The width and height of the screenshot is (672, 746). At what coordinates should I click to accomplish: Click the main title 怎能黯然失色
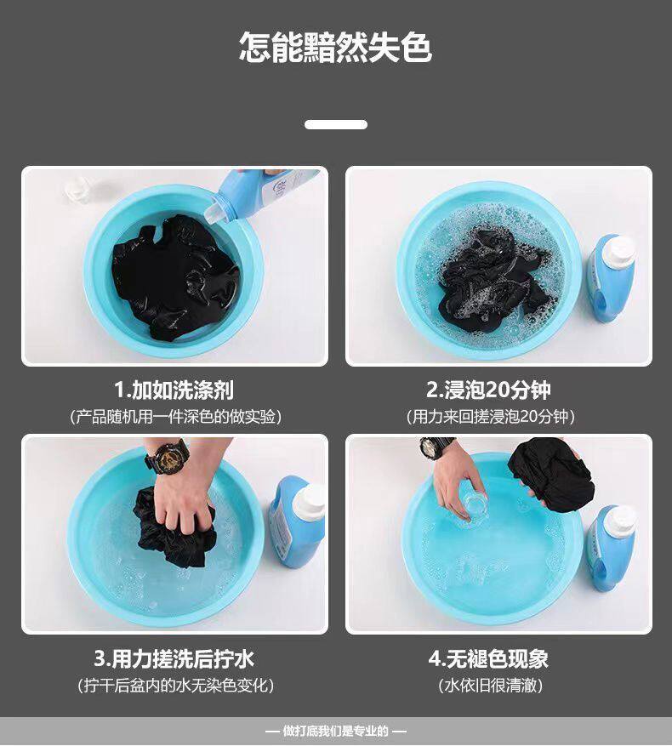pos(335,47)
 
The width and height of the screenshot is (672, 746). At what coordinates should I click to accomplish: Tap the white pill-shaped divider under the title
pos(336,125)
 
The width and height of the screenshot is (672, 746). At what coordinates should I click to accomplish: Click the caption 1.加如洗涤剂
pos(174,390)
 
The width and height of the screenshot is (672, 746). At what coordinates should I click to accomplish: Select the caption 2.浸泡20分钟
pos(488,390)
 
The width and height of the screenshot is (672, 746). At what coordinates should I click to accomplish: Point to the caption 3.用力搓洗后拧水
pos(174,659)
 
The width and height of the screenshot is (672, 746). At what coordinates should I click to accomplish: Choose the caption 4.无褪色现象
pos(488,659)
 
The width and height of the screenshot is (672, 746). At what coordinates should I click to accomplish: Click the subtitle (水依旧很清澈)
pos(490,685)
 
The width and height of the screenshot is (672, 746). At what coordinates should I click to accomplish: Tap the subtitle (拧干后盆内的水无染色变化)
pos(175,685)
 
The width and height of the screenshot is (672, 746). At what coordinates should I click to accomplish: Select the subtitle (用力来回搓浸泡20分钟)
pos(491,417)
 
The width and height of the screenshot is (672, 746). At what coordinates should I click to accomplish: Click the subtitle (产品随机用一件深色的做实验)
pos(175,417)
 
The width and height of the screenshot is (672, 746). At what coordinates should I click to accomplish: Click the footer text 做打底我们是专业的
pos(336,731)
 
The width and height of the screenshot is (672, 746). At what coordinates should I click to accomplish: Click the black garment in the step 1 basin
pos(175,277)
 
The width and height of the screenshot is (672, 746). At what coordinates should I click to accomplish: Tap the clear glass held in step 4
pos(474,506)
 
